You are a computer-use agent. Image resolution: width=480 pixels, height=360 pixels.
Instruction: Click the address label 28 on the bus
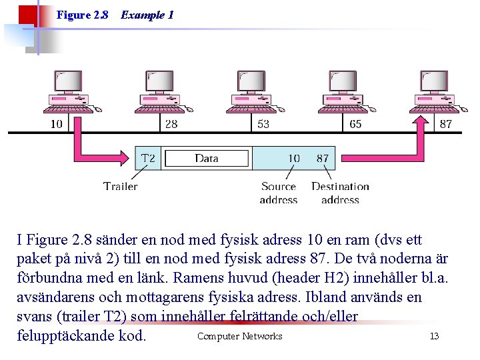click(171, 124)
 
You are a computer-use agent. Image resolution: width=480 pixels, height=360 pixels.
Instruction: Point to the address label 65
click(355, 124)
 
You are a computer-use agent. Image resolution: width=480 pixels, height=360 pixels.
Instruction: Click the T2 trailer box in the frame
click(148, 158)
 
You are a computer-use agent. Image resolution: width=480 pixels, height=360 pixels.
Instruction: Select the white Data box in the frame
click(207, 158)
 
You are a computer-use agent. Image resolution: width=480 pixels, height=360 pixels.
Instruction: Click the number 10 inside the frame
click(293, 158)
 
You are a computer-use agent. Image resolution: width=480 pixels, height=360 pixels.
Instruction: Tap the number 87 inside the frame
click(323, 158)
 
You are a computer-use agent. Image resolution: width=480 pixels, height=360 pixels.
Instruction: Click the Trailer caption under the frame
click(121, 186)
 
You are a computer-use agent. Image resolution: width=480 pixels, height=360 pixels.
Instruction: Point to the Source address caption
click(278, 193)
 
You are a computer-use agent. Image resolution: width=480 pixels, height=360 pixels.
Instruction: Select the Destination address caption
click(340, 193)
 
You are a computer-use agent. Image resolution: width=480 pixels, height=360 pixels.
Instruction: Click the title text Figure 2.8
click(83, 15)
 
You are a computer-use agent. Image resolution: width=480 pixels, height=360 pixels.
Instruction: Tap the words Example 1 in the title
click(147, 15)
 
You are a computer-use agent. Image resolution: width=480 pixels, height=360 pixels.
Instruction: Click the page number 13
click(434, 336)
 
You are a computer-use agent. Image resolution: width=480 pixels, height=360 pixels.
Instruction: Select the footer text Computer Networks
click(239, 336)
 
